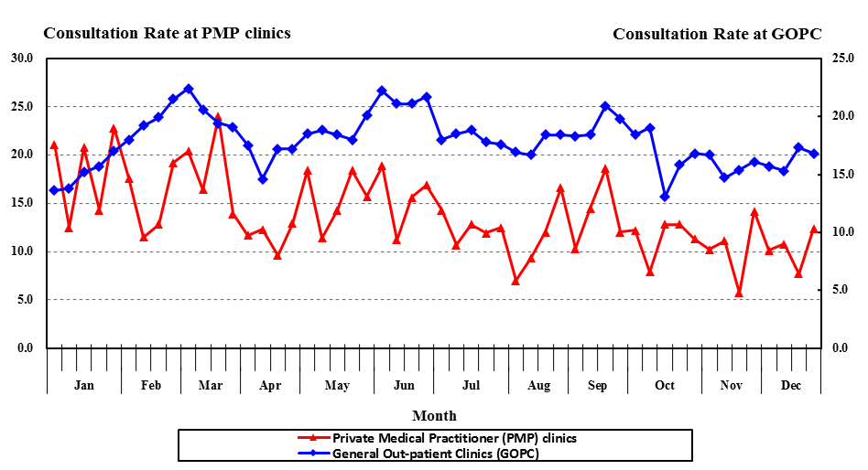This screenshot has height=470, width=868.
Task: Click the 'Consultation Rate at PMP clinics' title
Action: pyautogui.click(x=168, y=33)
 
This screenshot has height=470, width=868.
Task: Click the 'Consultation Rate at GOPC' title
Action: pyautogui.click(x=717, y=34)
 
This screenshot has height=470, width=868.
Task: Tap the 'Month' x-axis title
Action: pyautogui.click(x=434, y=415)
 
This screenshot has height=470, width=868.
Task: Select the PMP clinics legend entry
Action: pyautogui.click(x=454, y=438)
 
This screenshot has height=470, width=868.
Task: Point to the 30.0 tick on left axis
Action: pyautogui.click(x=21, y=58)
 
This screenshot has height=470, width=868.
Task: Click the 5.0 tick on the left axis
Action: pyautogui.click(x=24, y=300)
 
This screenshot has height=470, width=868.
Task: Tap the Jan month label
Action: pyautogui.click(x=83, y=385)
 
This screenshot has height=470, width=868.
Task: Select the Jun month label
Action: pyautogui.click(x=404, y=385)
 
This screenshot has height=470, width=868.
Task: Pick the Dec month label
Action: pyautogui.click(x=791, y=385)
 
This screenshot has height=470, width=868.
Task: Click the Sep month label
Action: pyautogui.click(x=597, y=385)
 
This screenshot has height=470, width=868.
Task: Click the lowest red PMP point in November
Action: pyautogui.click(x=739, y=293)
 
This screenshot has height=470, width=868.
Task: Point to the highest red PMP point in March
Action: pyautogui.click(x=218, y=117)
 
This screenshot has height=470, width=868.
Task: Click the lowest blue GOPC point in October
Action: pyautogui.click(x=665, y=197)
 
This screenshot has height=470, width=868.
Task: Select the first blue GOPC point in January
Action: pyautogui.click(x=54, y=190)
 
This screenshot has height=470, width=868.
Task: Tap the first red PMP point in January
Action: pyautogui.click(x=54, y=144)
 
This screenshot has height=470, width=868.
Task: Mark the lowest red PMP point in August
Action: pyautogui.click(x=515, y=281)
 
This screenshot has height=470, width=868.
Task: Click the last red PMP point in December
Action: pyautogui.click(x=814, y=229)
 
